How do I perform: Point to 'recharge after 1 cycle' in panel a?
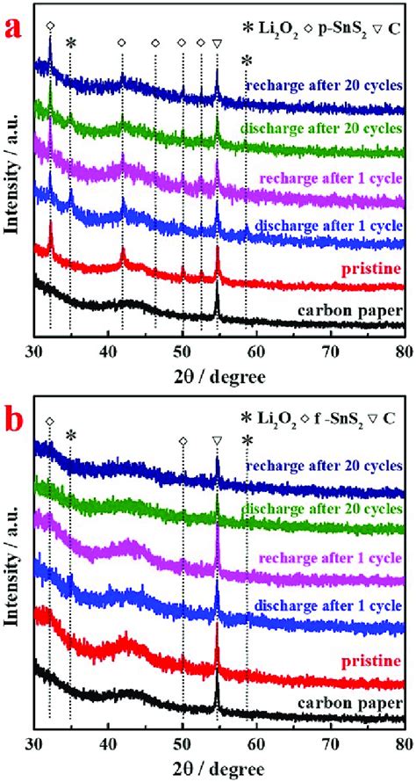pyautogui.click(x=332, y=178)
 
